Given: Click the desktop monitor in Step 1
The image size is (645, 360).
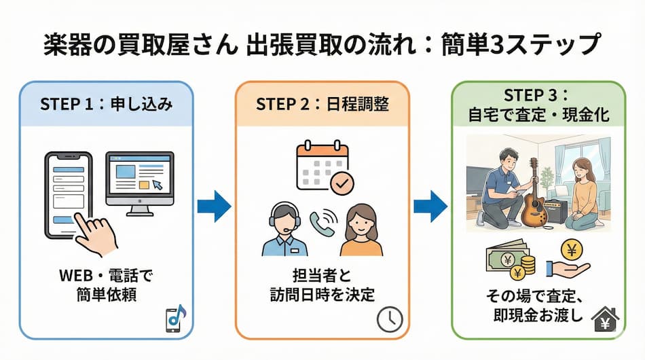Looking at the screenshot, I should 139,179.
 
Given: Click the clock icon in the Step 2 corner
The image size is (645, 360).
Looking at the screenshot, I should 390,319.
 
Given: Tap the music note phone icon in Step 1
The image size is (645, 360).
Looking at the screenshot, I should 176,319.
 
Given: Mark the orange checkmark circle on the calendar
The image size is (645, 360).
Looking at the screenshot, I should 342,183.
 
